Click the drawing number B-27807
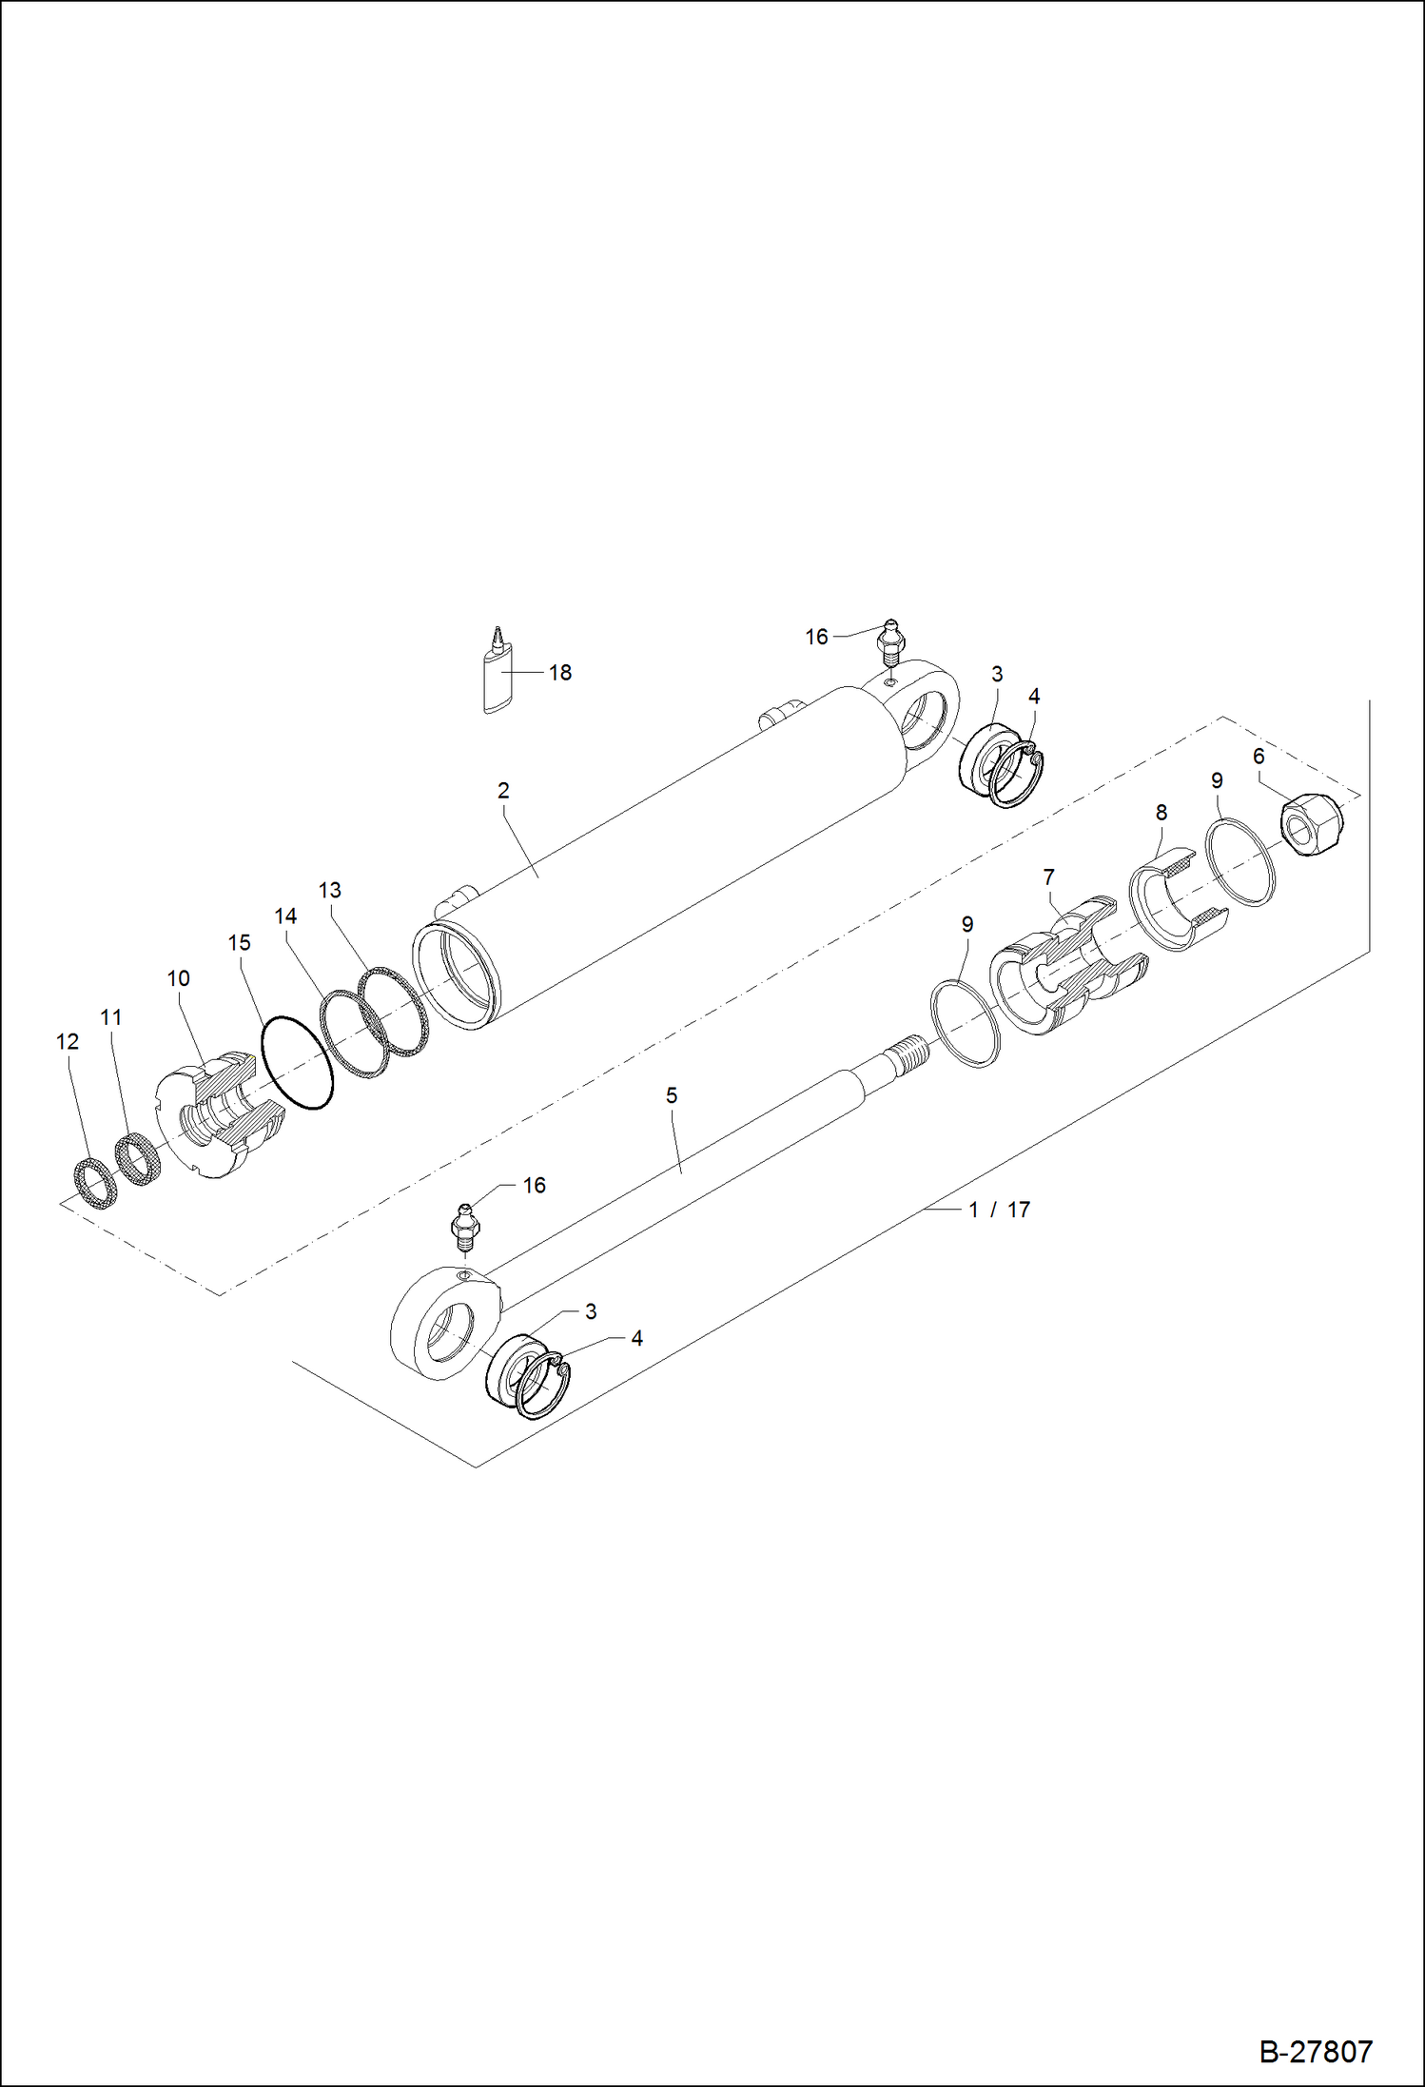click(1316, 2052)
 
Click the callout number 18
click(560, 673)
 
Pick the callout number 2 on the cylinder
click(503, 790)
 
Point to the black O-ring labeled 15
click(297, 1062)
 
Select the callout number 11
click(111, 1017)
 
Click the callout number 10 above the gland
click(178, 978)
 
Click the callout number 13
click(329, 890)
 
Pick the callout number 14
click(285, 916)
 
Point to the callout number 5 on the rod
click(672, 1095)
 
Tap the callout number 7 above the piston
click(1048, 876)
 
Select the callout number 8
click(1161, 813)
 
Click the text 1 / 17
click(999, 1210)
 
